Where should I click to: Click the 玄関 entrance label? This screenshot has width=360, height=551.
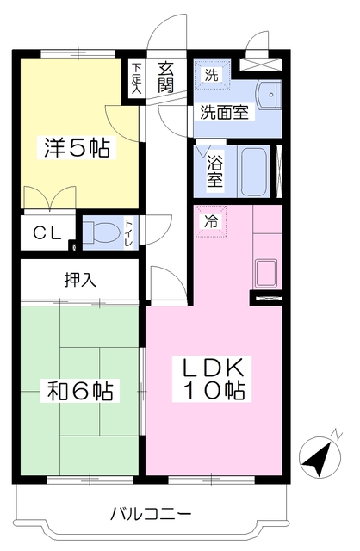tap(165, 77)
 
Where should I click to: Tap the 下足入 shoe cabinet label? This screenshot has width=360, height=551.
tap(137, 78)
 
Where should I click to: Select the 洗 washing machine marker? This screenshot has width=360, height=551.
tap(212, 75)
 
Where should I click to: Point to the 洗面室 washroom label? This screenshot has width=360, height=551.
tap(224, 112)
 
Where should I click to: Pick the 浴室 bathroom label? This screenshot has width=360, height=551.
tap(214, 171)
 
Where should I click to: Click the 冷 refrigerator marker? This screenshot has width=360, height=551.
tap(211, 222)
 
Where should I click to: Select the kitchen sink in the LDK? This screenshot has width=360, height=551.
tap(266, 273)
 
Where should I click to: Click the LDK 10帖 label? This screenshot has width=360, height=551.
tap(212, 379)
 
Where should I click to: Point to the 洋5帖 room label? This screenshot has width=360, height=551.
tap(77, 147)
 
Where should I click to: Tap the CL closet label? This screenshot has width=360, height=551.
tap(47, 233)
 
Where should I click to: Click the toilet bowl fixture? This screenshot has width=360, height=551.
tap(102, 232)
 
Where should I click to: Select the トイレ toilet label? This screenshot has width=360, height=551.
tap(129, 232)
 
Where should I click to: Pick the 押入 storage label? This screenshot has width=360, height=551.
tap(80, 280)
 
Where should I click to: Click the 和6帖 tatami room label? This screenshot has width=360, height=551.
tap(80, 391)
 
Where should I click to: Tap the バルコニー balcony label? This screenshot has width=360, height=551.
tap(152, 515)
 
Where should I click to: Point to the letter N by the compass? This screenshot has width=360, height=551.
tap(337, 435)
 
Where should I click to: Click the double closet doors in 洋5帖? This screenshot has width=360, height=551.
tap(50, 198)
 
